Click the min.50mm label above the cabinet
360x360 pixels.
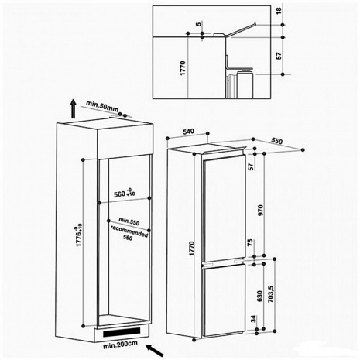102,106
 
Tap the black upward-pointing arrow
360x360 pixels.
74,108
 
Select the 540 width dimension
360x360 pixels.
188,132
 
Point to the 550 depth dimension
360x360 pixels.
277,141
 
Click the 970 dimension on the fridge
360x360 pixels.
260,210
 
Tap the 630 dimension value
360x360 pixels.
260,296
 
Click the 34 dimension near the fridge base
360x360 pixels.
254,319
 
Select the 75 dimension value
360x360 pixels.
250,243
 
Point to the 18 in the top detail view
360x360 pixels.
279,11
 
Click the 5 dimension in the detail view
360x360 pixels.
198,24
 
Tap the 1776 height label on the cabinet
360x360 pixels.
79,236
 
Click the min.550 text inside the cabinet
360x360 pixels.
129,221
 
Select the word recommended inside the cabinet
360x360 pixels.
129,231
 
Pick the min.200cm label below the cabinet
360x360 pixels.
120,345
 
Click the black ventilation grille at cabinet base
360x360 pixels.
122,332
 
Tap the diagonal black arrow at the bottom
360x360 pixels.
155,351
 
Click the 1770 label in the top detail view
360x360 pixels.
183,68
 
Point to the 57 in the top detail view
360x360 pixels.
279,56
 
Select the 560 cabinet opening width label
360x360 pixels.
125,193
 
